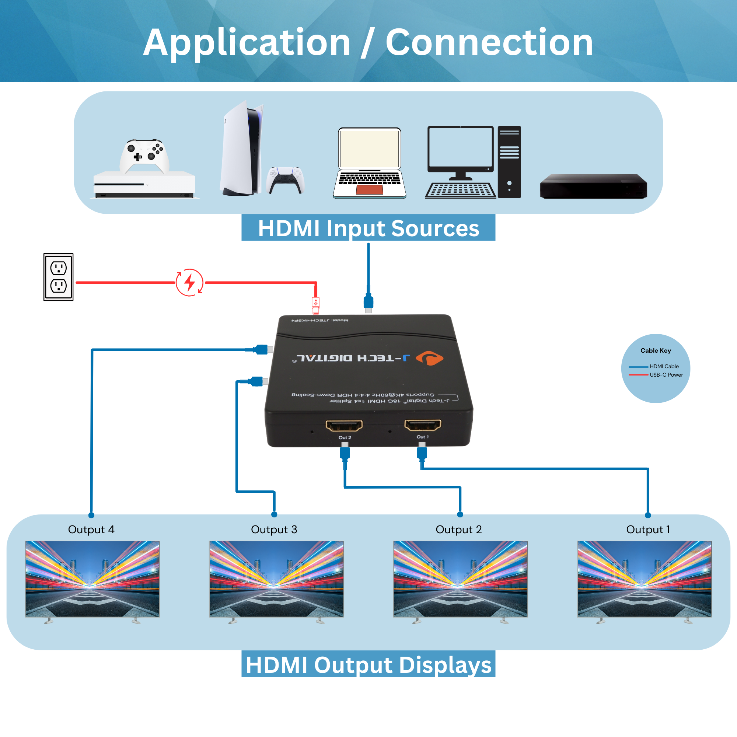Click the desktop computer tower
509,162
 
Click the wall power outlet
58,277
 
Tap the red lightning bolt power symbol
189,282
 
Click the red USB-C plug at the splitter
316,305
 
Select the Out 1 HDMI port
423,425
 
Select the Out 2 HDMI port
344,425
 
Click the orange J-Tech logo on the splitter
430,358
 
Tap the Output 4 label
91,530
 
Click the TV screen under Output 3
276,578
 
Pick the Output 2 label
458,530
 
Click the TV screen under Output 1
644,578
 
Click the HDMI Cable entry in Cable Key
664,366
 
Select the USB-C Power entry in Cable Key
666,375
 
